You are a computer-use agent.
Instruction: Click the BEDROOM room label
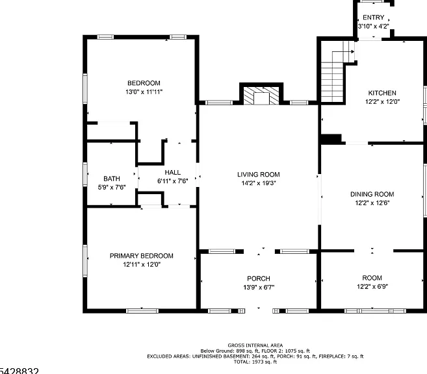[144, 83]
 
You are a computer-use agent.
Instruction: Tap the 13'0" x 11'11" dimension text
[144, 92]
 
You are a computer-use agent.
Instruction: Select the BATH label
[112, 179]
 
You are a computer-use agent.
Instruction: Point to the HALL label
[173, 173]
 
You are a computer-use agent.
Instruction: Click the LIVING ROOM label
[259, 175]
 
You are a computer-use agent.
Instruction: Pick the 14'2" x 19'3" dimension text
[259, 183]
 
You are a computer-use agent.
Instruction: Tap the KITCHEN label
[382, 93]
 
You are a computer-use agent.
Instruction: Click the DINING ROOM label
[372, 194]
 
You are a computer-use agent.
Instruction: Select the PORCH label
[259, 279]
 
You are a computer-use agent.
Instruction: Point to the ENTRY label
[373, 18]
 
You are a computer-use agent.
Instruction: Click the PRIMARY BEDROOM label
[141, 256]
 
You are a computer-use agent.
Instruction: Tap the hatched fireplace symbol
[261, 95]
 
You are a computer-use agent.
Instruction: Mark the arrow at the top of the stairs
[348, 52]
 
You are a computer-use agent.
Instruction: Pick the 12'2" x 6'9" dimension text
[372, 287]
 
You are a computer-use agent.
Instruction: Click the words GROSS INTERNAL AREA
[255, 345]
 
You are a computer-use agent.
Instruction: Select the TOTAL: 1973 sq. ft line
[255, 362]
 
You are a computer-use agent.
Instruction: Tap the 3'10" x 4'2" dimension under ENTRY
[373, 27]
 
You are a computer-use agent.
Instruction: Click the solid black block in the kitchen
[331, 139]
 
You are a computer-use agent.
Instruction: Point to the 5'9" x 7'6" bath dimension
[112, 188]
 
